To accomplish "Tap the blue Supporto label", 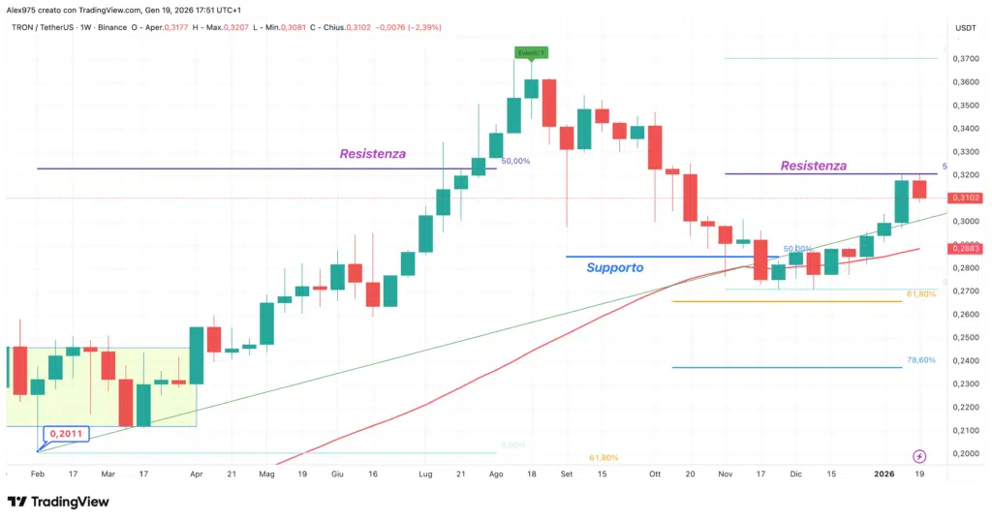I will (615, 267).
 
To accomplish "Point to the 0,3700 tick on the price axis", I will (964, 58).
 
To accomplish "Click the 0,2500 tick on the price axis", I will (964, 337).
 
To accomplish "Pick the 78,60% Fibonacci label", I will (921, 360).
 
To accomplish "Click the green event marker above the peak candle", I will (531, 51).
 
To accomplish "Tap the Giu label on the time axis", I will (338, 475).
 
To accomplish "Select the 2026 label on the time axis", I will (884, 475).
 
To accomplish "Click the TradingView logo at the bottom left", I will (58, 502).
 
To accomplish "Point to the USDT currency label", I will (965, 28).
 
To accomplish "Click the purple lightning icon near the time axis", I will (919, 456).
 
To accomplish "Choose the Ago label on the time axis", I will (496, 475).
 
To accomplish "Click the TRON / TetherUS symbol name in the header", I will (34, 27).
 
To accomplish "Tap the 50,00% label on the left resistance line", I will (515, 161).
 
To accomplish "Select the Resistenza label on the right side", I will (814, 167).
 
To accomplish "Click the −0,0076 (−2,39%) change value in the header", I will (407, 27).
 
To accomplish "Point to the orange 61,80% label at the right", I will (921, 293).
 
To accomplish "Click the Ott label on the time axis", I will (655, 475).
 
